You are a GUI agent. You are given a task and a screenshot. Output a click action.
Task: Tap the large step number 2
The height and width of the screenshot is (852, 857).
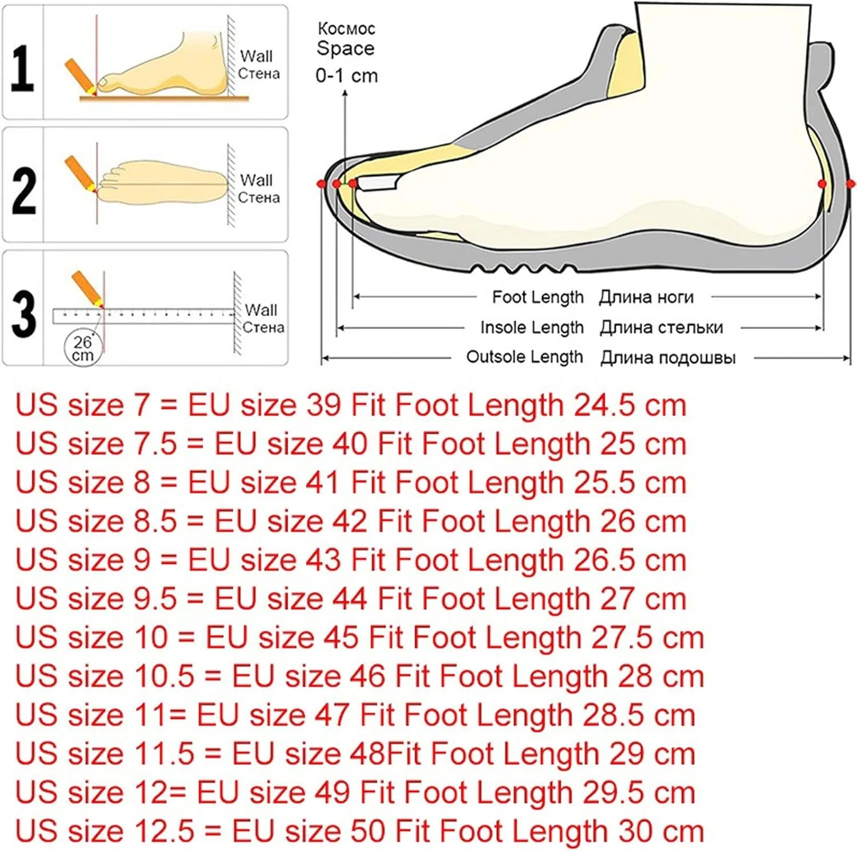tap(24, 191)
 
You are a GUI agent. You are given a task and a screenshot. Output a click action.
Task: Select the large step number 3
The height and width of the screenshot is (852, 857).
tap(23, 314)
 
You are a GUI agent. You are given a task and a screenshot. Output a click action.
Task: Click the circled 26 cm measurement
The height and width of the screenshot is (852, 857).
tap(83, 348)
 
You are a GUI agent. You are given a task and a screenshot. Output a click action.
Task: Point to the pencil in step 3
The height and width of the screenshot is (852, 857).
tap(87, 289)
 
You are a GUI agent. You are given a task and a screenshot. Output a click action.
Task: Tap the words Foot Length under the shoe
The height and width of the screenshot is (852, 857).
tap(538, 297)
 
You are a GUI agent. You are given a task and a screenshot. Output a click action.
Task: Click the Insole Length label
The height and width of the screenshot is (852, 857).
tap(532, 328)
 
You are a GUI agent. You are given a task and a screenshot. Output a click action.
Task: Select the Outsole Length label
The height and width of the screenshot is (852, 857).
tap(524, 357)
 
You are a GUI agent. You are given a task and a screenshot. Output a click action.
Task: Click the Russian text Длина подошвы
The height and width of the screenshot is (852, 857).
tap(668, 358)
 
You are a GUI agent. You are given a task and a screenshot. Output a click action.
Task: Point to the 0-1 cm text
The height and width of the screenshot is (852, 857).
tap(347, 75)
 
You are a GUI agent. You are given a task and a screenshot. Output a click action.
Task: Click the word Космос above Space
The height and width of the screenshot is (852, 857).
tap(346, 28)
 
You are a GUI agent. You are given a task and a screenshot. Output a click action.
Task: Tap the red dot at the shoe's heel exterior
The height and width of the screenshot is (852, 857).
tap(851, 184)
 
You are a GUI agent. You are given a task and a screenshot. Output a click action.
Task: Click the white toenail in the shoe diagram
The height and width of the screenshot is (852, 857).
tap(377, 182)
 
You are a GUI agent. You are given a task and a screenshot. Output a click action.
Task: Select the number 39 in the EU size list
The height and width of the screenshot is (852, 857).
tap(324, 405)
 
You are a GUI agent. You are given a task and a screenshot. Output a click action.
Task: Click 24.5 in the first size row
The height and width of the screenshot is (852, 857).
tap(604, 405)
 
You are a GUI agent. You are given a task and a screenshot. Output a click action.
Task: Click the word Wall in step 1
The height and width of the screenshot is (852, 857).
tap(257, 56)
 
